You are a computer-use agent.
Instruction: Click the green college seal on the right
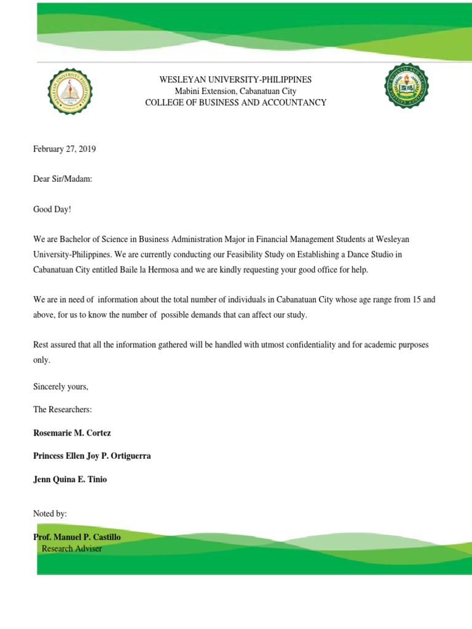pos(406,85)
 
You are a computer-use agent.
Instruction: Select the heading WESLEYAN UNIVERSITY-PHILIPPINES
pos(235,80)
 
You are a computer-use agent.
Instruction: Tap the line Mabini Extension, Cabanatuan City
pos(235,91)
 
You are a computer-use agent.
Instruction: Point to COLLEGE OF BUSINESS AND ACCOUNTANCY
pos(235,103)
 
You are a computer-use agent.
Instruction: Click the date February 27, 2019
pos(65,149)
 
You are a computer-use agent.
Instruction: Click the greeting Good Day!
pos(52,209)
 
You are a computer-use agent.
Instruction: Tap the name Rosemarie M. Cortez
pos(72,433)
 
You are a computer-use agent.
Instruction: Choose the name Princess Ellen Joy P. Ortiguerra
pos(92,456)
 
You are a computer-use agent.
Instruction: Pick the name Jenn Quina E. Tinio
pos(70,479)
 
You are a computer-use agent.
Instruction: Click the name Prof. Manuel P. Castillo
pos(77,537)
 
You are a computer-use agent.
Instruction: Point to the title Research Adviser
pos(71,549)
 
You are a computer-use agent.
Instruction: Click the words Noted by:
pos(50,513)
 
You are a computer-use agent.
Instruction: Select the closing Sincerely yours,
pos(61,386)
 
